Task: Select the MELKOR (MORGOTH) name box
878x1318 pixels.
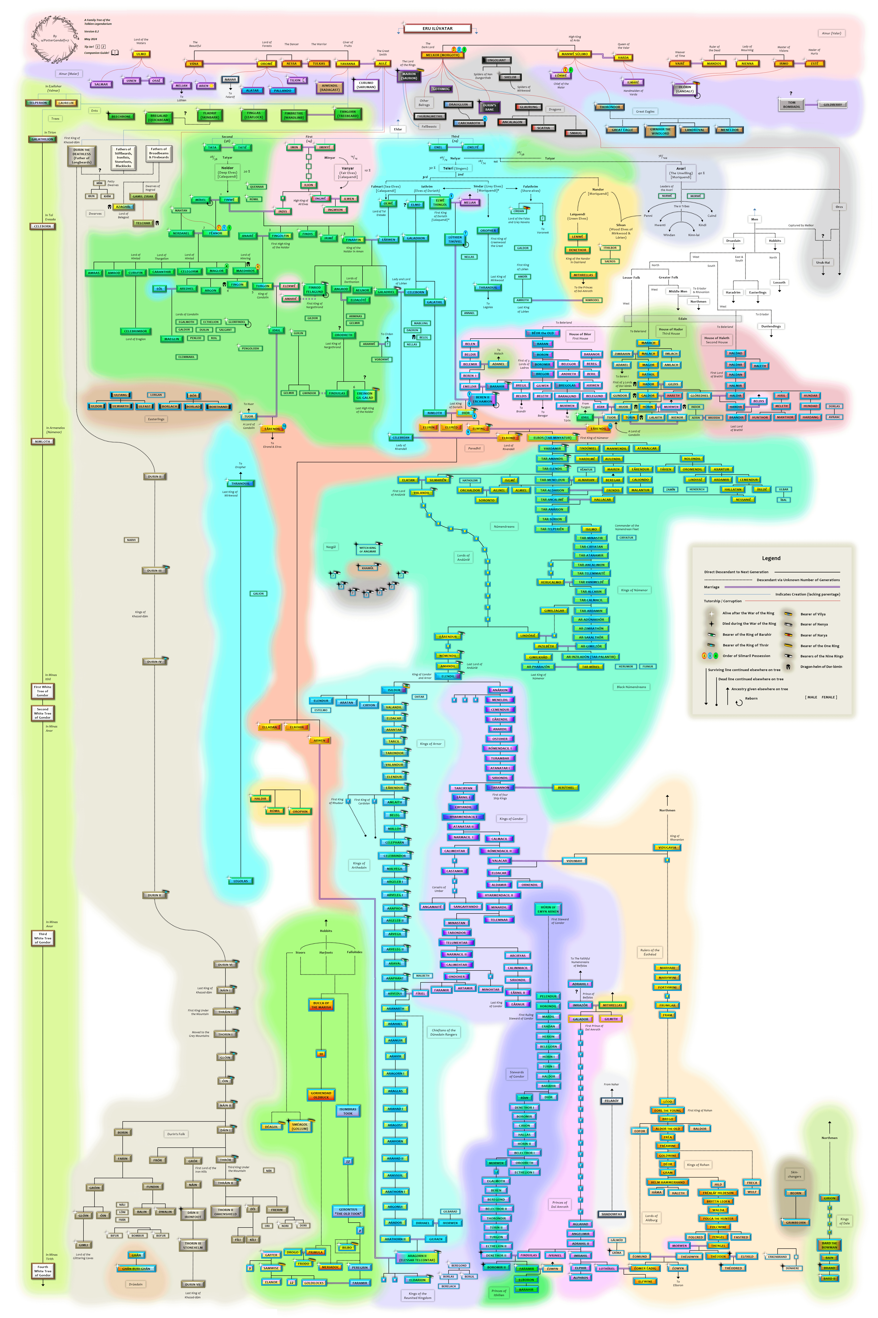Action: tap(442, 55)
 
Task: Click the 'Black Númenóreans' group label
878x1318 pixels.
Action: tap(631, 686)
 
